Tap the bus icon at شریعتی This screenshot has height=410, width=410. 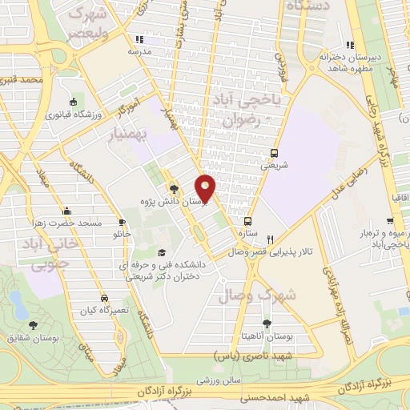[275, 153]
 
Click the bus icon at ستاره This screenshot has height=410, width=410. [247, 221]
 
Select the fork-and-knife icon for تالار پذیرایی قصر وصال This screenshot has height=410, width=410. [271, 239]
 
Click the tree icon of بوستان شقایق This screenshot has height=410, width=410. [33, 324]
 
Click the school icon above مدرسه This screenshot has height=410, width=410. [139, 38]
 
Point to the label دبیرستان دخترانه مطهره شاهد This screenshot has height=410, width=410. [348, 63]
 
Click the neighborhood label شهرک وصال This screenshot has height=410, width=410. [267, 295]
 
